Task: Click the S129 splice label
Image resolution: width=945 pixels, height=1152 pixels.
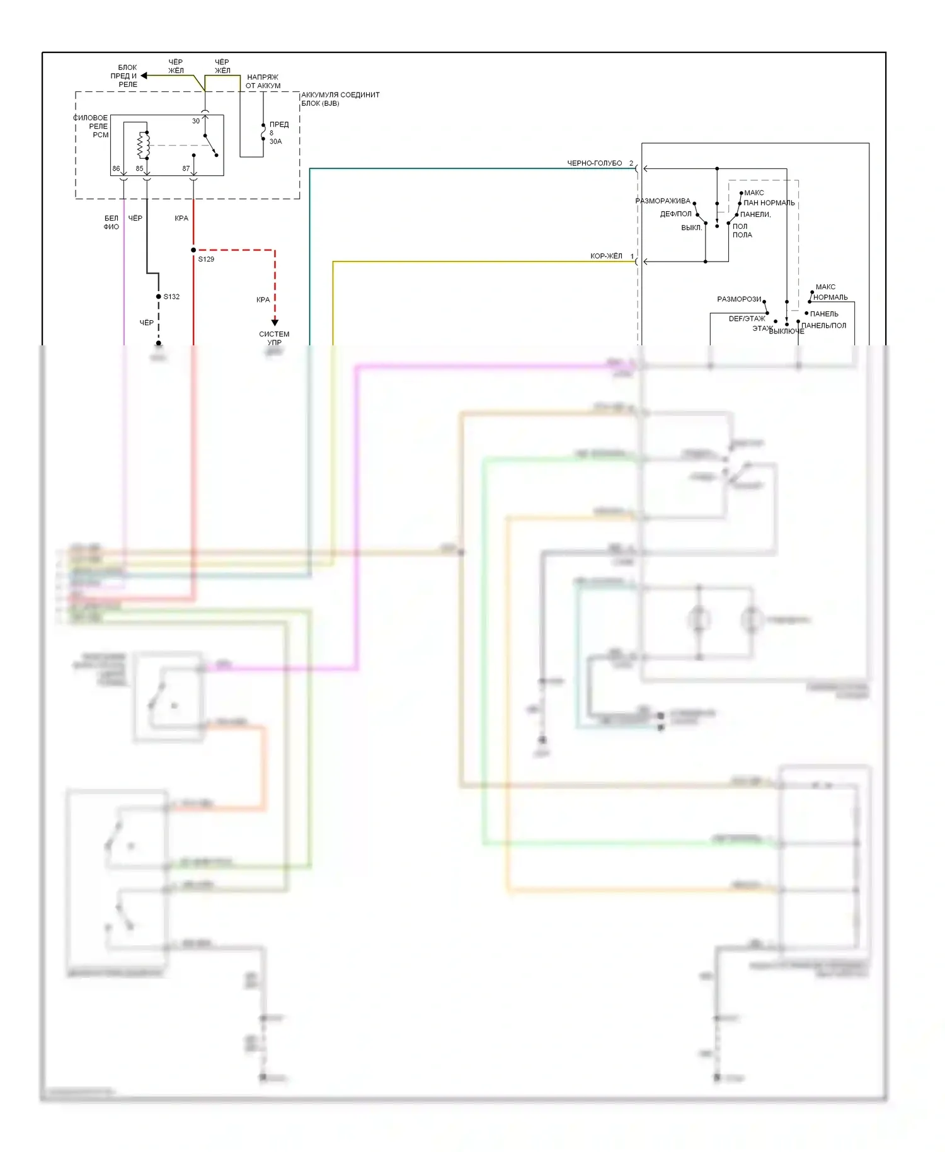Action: [206, 259]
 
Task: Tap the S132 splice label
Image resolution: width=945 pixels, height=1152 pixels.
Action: [171, 296]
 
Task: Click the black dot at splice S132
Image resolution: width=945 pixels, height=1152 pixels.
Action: [159, 296]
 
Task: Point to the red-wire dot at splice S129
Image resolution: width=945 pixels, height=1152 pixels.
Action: [193, 250]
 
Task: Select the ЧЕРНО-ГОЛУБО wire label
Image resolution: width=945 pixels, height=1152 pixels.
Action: [594, 163]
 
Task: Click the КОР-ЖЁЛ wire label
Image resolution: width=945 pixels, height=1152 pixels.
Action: [606, 256]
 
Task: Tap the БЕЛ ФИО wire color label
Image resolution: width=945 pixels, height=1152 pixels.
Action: [112, 222]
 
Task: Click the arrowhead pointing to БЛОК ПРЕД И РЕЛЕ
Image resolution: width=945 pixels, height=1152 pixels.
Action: [144, 76]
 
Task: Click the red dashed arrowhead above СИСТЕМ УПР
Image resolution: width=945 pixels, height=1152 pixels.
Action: [275, 322]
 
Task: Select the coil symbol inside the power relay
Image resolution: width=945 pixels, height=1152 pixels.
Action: [144, 146]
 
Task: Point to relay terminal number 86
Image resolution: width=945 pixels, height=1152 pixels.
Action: [116, 169]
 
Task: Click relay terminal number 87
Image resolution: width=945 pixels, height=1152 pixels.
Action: [186, 169]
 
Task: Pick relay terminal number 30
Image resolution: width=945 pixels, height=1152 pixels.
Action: [196, 121]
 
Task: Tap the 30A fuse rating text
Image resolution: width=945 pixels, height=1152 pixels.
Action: [276, 141]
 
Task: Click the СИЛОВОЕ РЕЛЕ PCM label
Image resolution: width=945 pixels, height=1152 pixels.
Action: [92, 126]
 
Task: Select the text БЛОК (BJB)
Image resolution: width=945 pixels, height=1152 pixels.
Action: [320, 103]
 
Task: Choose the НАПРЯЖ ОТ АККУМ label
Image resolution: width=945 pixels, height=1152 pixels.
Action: [263, 81]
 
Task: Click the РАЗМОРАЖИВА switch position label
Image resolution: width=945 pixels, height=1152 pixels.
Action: [663, 201]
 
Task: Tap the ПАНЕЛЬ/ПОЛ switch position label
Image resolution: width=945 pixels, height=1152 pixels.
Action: [823, 326]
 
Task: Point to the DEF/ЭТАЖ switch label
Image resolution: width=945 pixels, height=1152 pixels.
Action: [747, 319]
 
